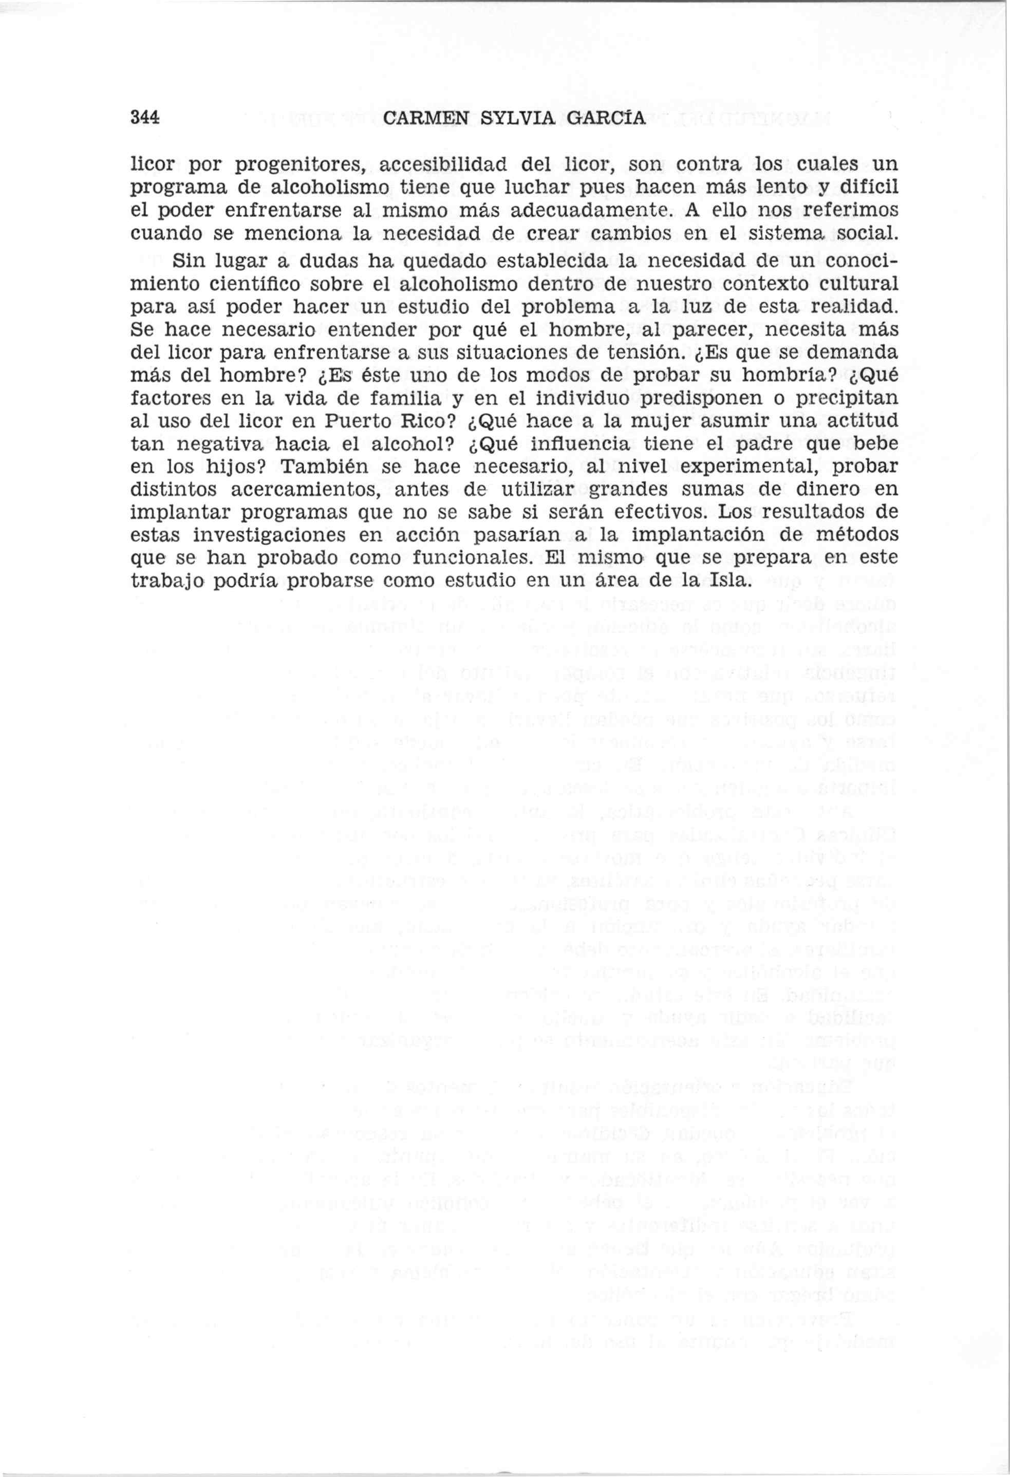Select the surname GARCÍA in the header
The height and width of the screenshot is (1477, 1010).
click(x=605, y=118)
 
